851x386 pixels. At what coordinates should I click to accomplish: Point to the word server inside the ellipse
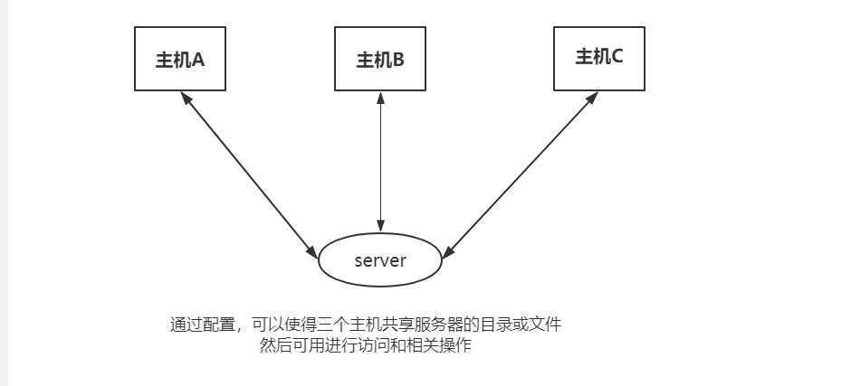click(x=380, y=260)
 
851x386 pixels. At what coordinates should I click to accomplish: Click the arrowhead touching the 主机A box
click(x=186, y=99)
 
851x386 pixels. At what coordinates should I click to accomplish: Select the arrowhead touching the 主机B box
click(x=380, y=98)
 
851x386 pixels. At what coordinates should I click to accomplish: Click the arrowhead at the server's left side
click(x=312, y=252)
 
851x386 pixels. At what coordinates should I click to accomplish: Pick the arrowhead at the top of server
click(x=380, y=226)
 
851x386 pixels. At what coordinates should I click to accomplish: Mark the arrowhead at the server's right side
click(x=449, y=252)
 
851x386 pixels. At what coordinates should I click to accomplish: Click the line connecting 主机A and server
click(x=249, y=175)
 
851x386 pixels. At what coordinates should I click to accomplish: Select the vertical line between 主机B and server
click(x=380, y=162)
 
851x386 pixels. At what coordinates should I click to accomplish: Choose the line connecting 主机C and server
click(x=521, y=175)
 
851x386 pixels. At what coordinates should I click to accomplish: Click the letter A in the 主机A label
click(x=198, y=60)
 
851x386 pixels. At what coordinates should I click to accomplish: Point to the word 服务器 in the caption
click(x=438, y=325)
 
